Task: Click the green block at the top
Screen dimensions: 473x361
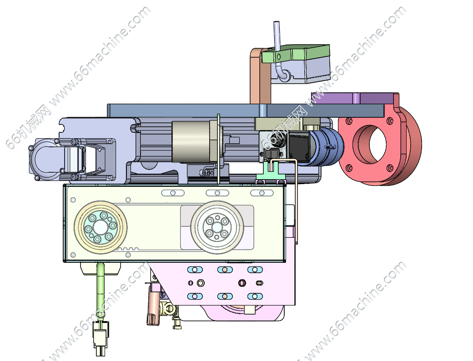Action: pyautogui.click(x=296, y=54)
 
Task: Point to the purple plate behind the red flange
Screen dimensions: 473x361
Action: pyautogui.click(x=353, y=99)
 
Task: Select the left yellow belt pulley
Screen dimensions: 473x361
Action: pyautogui.click(x=101, y=227)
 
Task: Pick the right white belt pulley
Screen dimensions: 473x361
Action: pyautogui.click(x=217, y=227)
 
